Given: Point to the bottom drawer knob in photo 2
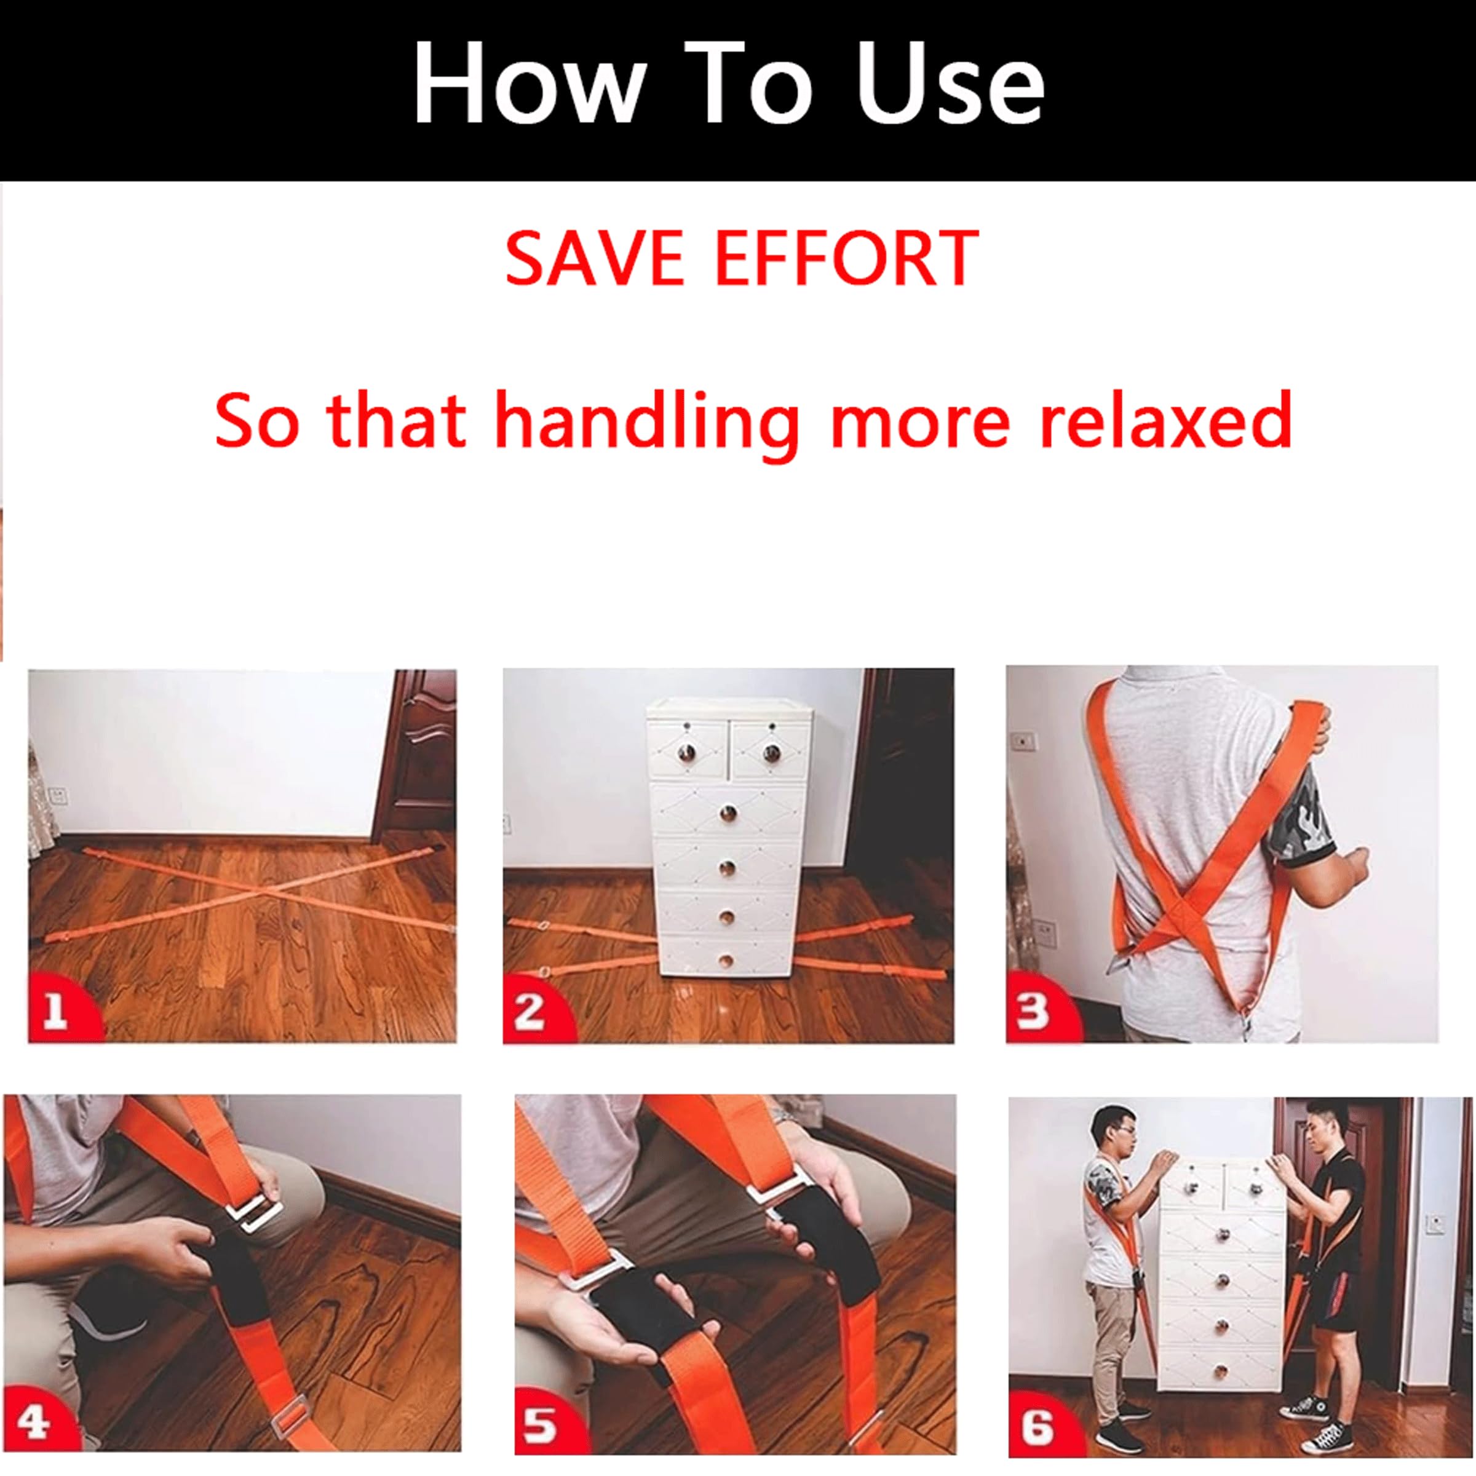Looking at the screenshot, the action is [x=726, y=960].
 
